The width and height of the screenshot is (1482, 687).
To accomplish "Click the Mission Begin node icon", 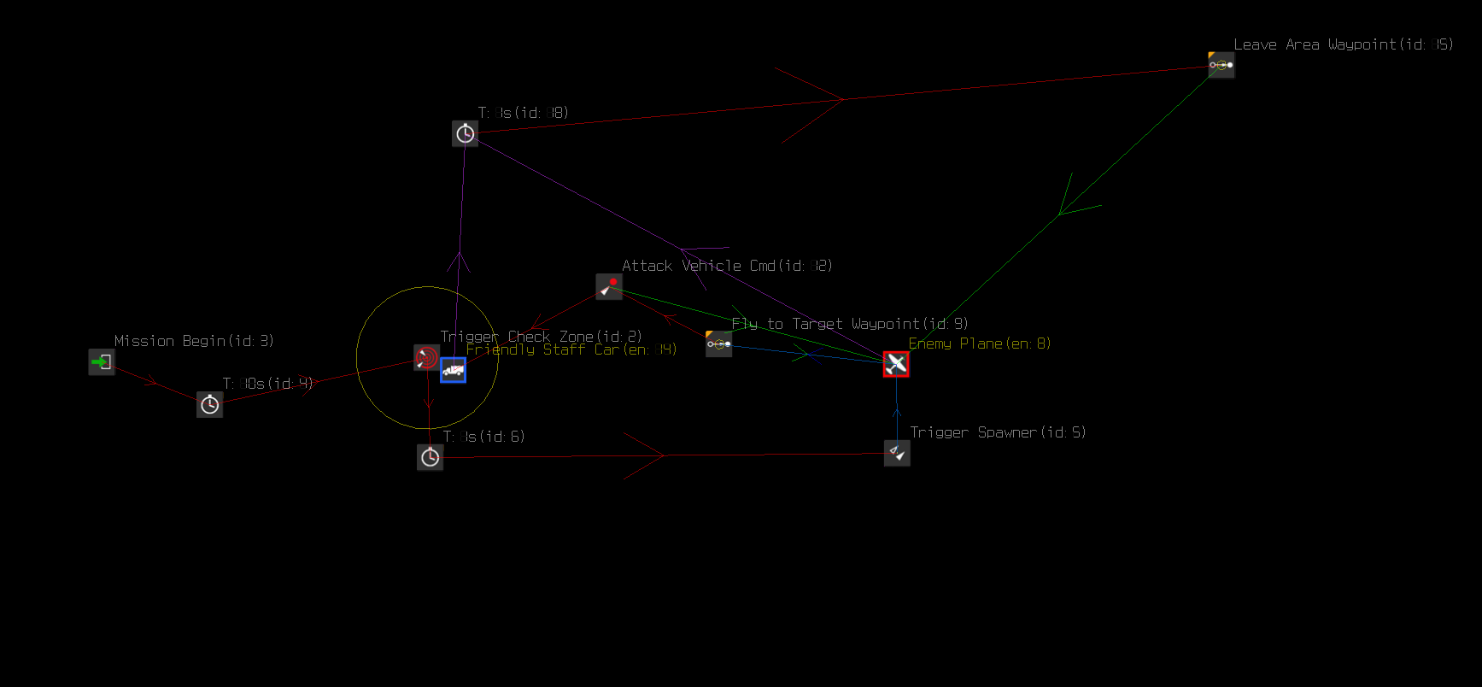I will click(102, 361).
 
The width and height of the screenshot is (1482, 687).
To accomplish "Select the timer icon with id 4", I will click(209, 404).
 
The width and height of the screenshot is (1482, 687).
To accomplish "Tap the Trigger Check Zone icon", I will click(426, 357).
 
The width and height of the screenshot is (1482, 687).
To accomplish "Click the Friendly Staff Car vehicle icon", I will click(453, 370).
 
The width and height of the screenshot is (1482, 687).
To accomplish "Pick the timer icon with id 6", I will click(430, 457).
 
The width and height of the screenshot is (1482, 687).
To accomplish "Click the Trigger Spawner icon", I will click(897, 453).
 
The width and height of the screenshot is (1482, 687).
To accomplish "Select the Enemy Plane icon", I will click(896, 364).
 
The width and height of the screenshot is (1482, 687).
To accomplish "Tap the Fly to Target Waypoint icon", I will click(718, 343).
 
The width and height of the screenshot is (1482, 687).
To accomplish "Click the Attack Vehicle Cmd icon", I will click(609, 286).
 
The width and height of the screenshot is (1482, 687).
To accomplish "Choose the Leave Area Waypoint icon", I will click(1221, 65).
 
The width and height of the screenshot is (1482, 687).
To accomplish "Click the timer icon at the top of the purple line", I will click(465, 133).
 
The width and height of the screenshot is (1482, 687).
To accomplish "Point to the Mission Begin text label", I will click(194, 341).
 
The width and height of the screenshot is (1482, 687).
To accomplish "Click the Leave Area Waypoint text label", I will click(1343, 44).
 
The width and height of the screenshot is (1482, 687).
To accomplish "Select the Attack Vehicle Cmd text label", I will click(727, 266).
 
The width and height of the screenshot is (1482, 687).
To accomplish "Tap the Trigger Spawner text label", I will click(998, 432).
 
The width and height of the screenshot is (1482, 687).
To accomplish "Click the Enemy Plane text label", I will click(980, 343).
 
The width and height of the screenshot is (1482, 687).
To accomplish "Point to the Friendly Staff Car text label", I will click(571, 349).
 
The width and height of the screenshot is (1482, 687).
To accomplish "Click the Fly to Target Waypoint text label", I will click(850, 324).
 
